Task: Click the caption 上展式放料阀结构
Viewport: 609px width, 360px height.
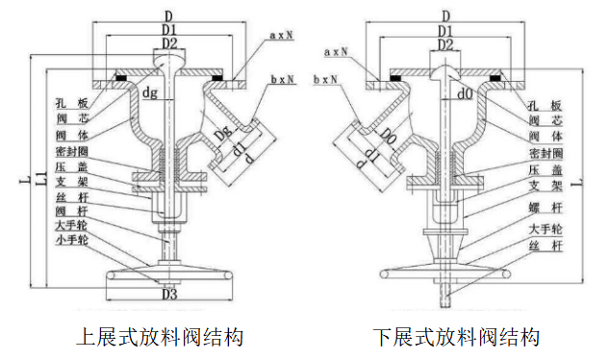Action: pyautogui.click(x=159, y=338)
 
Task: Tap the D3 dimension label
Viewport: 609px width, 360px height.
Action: pyautogui.click(x=168, y=295)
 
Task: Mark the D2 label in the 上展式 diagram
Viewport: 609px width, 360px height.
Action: pyautogui.click(x=168, y=43)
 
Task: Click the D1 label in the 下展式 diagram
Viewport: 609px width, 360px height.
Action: pyautogui.click(x=445, y=32)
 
